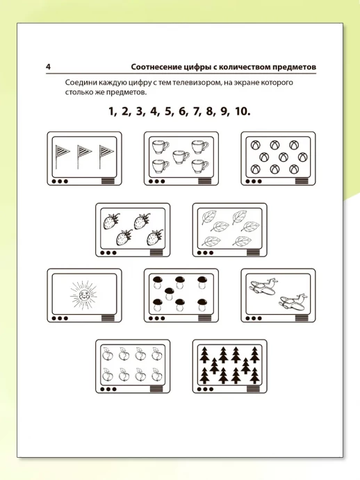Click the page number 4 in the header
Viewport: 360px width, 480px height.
coord(48,67)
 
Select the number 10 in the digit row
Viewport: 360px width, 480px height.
coord(243,111)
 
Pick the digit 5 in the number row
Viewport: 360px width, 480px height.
coord(169,111)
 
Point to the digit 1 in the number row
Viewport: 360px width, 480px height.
coord(112,111)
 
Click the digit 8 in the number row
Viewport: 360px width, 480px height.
coord(210,111)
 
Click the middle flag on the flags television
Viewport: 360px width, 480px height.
coord(83,156)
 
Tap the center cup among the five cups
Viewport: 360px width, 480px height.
coord(181,157)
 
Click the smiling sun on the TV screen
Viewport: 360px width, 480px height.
coord(84,296)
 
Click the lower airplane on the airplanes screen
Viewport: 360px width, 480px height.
coord(293,301)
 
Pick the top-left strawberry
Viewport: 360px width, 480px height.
coord(111,222)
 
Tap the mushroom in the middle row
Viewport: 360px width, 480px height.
coord(169,293)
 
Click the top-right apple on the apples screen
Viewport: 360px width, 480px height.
coord(157,354)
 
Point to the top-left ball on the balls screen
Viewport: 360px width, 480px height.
coord(255,145)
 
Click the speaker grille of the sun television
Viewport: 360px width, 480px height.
coord(108,318)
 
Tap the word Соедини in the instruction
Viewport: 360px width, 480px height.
coord(79,83)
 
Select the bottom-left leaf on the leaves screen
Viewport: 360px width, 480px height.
coord(211,241)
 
